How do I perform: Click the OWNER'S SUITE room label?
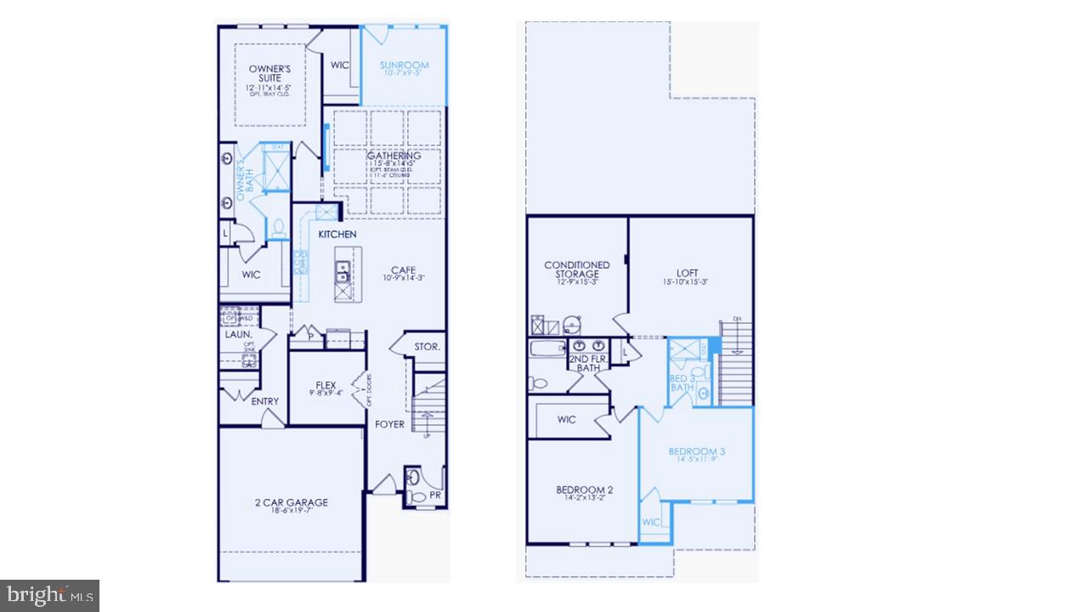[x=270, y=73]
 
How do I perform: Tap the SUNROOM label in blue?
[x=404, y=65]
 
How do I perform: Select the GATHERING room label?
[x=394, y=156]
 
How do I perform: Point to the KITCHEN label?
[x=337, y=234]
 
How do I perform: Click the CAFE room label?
[x=403, y=271]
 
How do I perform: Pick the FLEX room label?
[x=326, y=386]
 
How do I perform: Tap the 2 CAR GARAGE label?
[x=291, y=502]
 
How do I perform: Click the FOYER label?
[x=390, y=424]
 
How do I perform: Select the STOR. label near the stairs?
[x=427, y=347]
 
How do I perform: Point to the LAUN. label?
[x=239, y=335]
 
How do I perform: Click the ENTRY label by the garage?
[x=264, y=401]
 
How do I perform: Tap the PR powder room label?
[x=435, y=494]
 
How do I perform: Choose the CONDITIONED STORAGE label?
[x=577, y=269]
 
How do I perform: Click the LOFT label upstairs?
[x=688, y=273]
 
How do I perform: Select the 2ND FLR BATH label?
[x=588, y=363]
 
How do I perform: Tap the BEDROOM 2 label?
[x=585, y=490]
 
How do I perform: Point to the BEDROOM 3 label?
[x=696, y=451]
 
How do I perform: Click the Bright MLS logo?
[x=49, y=594]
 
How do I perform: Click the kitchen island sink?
[x=343, y=273]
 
